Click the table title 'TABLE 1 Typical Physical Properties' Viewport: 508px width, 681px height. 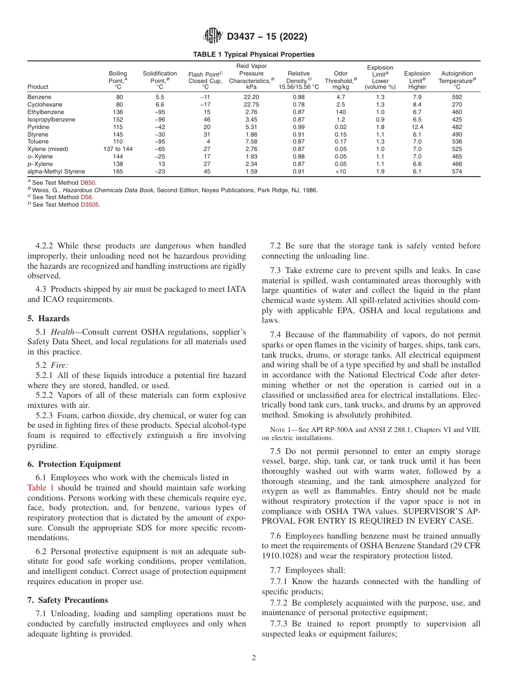coord(253,55)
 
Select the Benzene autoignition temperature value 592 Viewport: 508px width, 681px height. coord(456,97)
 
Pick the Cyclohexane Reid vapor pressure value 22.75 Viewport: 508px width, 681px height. coord(251,104)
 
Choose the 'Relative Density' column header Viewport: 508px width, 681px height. coord(298,80)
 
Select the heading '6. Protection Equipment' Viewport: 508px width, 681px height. coord(74,464)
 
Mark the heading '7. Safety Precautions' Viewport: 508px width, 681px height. coord(67,600)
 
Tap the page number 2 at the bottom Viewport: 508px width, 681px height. coord(254,658)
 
